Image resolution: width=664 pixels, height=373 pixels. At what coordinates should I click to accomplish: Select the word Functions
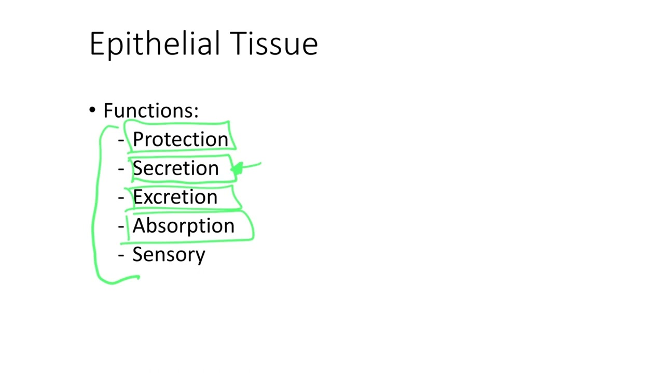click(x=148, y=110)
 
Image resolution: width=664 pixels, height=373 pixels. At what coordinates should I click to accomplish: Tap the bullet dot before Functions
click(x=92, y=110)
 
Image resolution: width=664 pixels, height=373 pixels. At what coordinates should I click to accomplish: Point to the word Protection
click(x=180, y=139)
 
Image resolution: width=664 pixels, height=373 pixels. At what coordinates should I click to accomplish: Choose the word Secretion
click(x=175, y=168)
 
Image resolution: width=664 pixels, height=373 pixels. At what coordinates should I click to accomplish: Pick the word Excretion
click(x=175, y=197)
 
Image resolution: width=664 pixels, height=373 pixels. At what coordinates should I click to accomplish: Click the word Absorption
click(x=183, y=226)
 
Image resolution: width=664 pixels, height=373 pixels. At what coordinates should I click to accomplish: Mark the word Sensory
click(x=169, y=255)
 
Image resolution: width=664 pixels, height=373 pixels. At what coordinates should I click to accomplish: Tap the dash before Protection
click(x=121, y=140)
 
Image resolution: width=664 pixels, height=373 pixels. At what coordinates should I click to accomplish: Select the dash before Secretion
click(x=121, y=169)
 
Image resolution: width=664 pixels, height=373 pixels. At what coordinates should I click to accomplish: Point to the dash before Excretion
click(x=121, y=197)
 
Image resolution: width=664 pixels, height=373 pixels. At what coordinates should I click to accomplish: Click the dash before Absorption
click(x=121, y=226)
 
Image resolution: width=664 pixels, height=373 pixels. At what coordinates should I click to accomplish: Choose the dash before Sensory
click(x=121, y=255)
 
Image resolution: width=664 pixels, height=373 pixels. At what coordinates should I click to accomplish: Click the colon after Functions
click(x=196, y=112)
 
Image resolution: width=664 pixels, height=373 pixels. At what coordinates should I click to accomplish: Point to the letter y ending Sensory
click(x=200, y=256)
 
